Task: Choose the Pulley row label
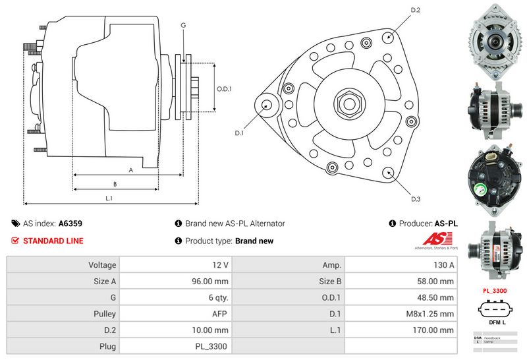pyautogui.click(x=105, y=314)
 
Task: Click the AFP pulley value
pyautogui.click(x=220, y=314)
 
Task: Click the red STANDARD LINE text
pyautogui.click(x=53, y=241)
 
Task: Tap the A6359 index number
pyautogui.click(x=70, y=224)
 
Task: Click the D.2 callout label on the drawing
pyautogui.click(x=416, y=10)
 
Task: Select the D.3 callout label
pyautogui.click(x=416, y=199)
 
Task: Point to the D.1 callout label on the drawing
pyautogui.click(x=239, y=133)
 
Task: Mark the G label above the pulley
pyautogui.click(x=183, y=25)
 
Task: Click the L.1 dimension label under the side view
pyautogui.click(x=109, y=198)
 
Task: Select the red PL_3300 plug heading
pyautogui.click(x=495, y=290)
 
